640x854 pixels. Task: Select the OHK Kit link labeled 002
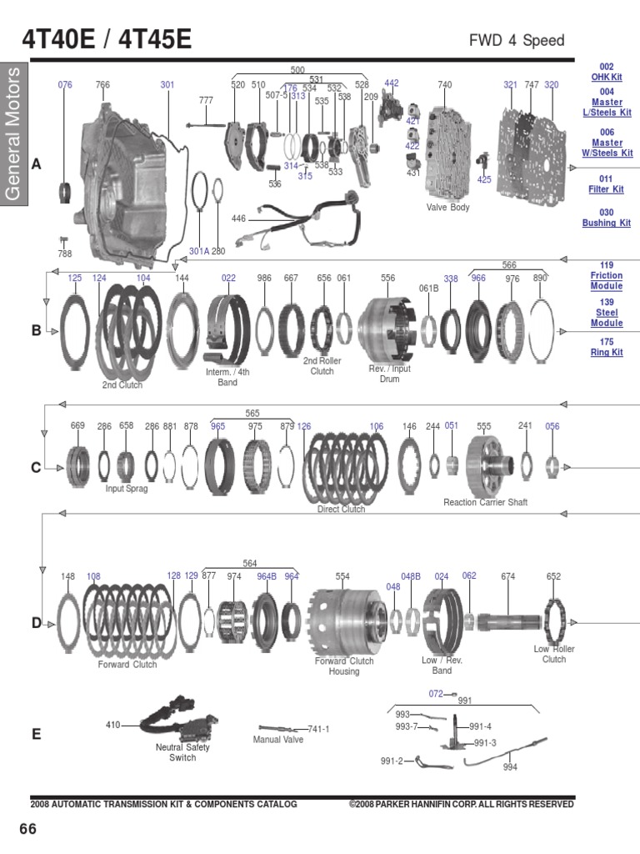point(607,72)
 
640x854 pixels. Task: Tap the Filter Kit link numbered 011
point(606,184)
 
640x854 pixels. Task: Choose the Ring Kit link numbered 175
point(606,347)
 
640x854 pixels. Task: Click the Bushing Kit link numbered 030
point(606,218)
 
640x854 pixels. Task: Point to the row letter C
point(36,468)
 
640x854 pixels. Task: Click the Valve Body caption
point(447,208)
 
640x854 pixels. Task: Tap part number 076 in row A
point(65,85)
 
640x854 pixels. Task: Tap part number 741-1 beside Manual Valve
point(318,729)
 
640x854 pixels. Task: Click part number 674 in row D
point(507,576)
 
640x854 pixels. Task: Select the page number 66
point(28,829)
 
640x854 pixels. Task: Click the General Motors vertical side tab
point(14,133)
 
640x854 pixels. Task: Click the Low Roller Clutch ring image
point(555,620)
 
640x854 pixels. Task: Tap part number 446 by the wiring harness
point(238,219)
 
